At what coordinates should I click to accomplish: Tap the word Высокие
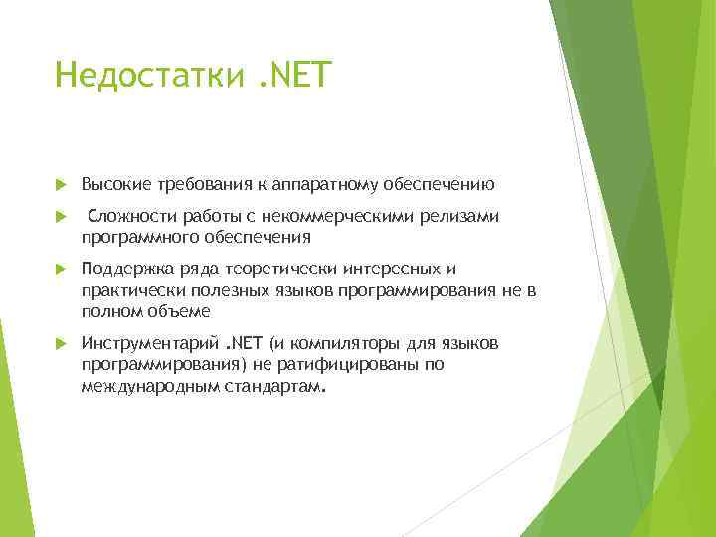click(115, 184)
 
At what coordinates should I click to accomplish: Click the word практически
click(126, 290)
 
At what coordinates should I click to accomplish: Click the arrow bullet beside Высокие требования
click(61, 185)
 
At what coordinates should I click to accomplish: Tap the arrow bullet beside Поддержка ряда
click(61, 268)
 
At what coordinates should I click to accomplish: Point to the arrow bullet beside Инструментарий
click(61, 343)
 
